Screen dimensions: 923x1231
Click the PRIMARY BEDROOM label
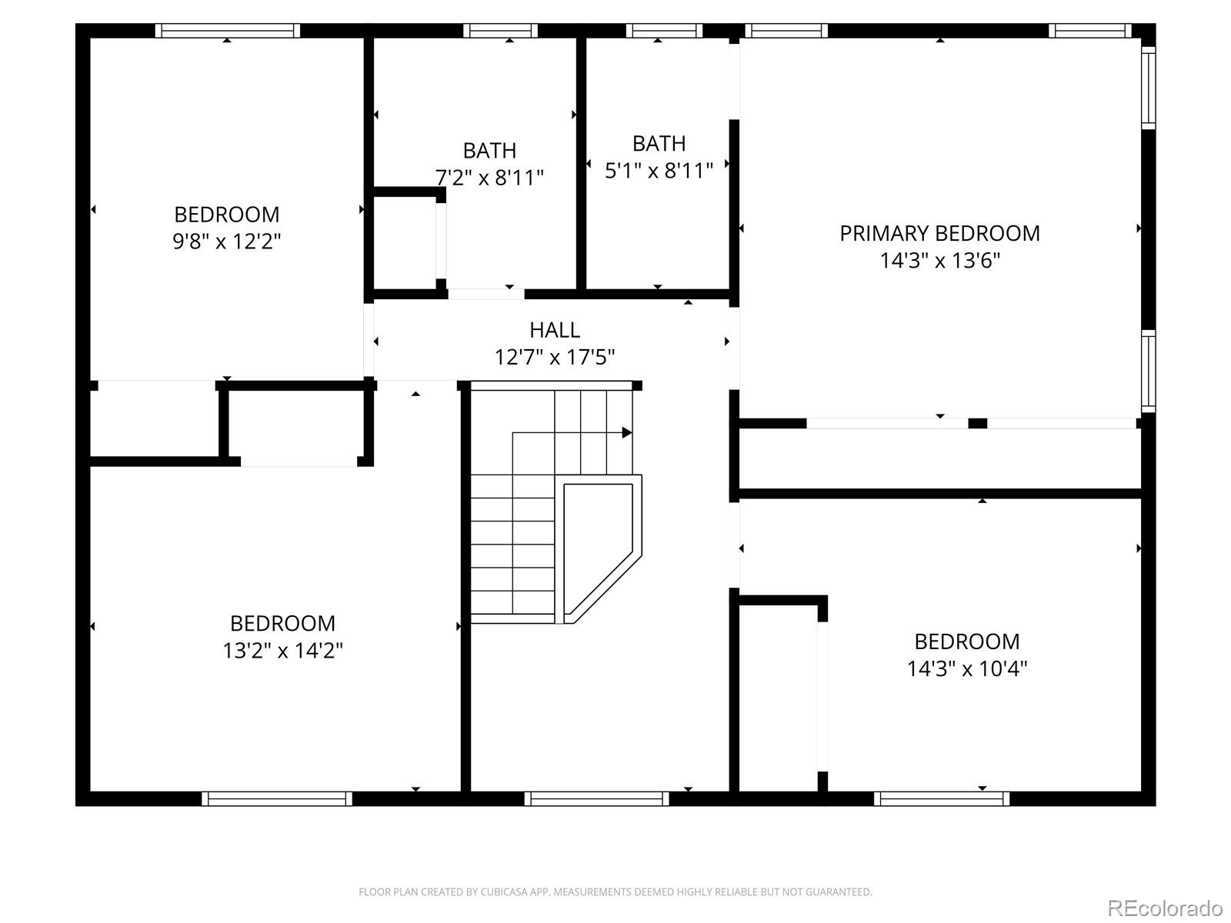click(x=939, y=233)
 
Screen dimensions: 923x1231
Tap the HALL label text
click(x=554, y=330)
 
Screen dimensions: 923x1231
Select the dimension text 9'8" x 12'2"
click(x=226, y=242)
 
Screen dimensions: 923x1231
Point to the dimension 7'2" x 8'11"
click(x=489, y=178)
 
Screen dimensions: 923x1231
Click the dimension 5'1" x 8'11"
click(x=659, y=170)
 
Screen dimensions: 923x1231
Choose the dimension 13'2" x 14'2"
click(x=282, y=651)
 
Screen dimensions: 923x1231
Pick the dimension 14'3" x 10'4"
click(x=966, y=668)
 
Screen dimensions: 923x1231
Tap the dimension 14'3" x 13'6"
click(x=939, y=261)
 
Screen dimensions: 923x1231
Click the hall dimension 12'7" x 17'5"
click(x=554, y=358)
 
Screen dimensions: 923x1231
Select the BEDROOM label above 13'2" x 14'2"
click(x=282, y=623)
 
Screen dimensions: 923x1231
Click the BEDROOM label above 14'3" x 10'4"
click(x=966, y=641)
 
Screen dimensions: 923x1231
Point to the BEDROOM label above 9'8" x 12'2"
click(x=226, y=214)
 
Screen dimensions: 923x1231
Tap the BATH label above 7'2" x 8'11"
click(x=489, y=150)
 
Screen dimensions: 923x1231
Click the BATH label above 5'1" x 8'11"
click(x=659, y=143)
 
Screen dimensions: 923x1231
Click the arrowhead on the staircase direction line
click(x=627, y=433)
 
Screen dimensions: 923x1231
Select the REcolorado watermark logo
click(x=1165, y=908)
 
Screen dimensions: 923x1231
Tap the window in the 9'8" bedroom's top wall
click(x=227, y=31)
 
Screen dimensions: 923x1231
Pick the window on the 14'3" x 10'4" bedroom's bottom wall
click(x=942, y=799)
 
